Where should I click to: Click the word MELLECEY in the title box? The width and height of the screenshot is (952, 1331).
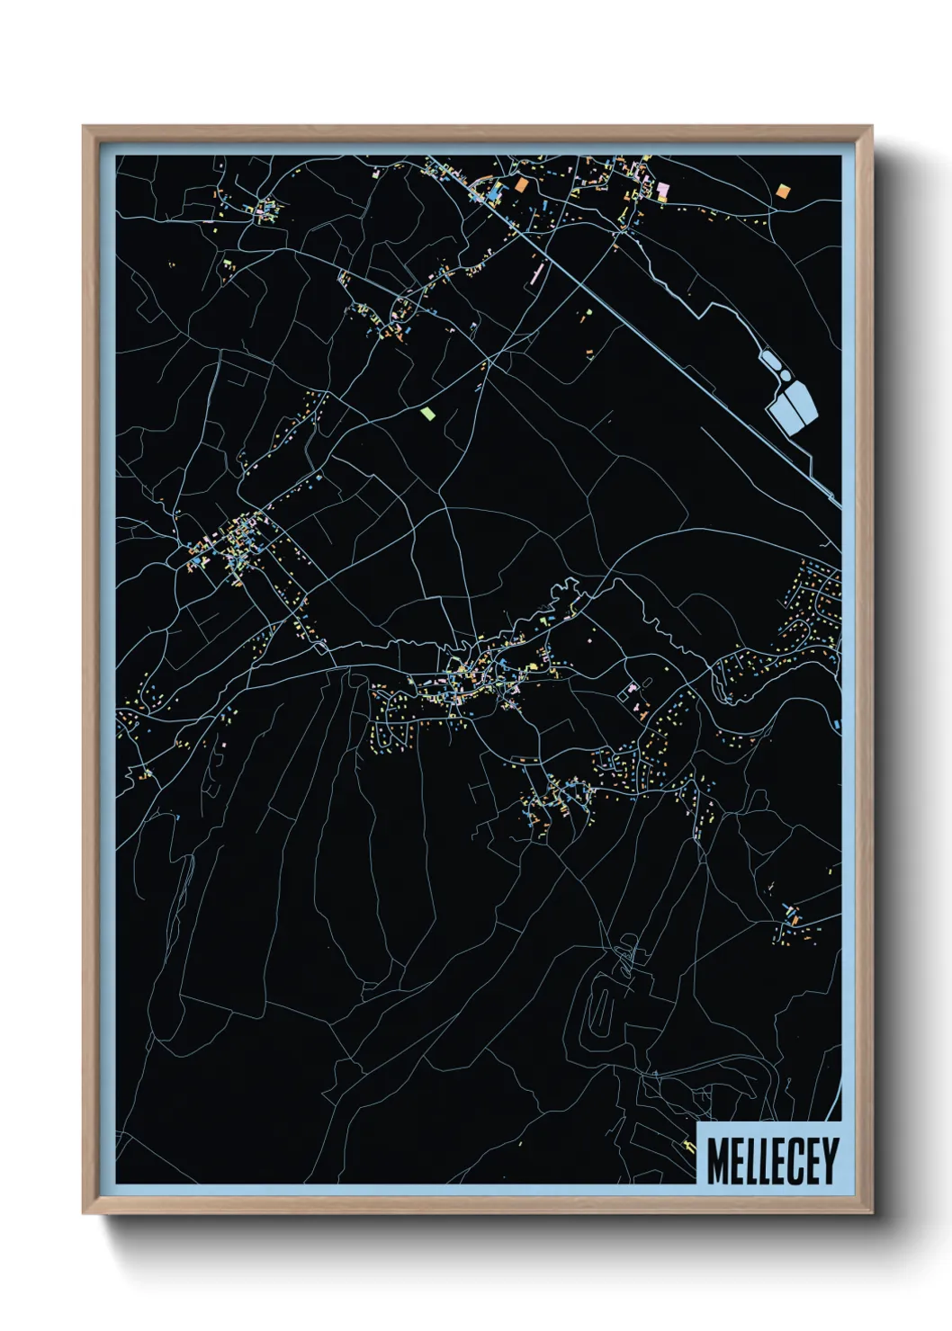coord(772,1161)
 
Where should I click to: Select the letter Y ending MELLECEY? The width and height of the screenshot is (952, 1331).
coord(830,1161)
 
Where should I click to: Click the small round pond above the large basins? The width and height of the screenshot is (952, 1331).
coord(785,374)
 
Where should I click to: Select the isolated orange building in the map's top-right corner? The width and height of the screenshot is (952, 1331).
coord(782,191)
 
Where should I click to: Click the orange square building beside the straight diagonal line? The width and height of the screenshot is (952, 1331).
coord(522,185)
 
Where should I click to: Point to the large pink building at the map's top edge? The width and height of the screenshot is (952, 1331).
coord(663,188)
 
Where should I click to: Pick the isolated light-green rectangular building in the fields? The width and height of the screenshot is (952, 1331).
coord(427,414)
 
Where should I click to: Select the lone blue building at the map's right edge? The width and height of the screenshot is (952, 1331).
coord(837,724)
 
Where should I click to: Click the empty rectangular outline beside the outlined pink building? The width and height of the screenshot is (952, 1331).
coord(624,694)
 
